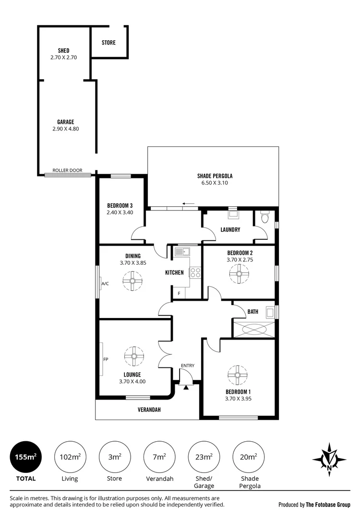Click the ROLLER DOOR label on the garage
[x=67, y=170]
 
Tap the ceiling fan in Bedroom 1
[x=238, y=375]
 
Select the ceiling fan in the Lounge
[x=134, y=356]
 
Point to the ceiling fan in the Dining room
[x=132, y=281]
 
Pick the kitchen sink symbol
[x=182, y=252]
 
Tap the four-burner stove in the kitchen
[x=195, y=272]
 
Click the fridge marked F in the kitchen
[x=179, y=293]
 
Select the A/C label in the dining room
[x=105, y=283]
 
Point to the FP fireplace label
[x=106, y=359]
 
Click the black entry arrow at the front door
[x=186, y=387]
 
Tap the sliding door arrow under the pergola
[x=188, y=203]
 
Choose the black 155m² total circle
[x=26, y=457]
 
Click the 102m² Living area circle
[x=70, y=457]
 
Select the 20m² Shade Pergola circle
[x=249, y=457]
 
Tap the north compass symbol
[x=329, y=459]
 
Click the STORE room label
[x=108, y=43]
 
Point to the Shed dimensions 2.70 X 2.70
[x=63, y=58]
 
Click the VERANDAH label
[x=149, y=410]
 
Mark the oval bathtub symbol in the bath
[x=254, y=329]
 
